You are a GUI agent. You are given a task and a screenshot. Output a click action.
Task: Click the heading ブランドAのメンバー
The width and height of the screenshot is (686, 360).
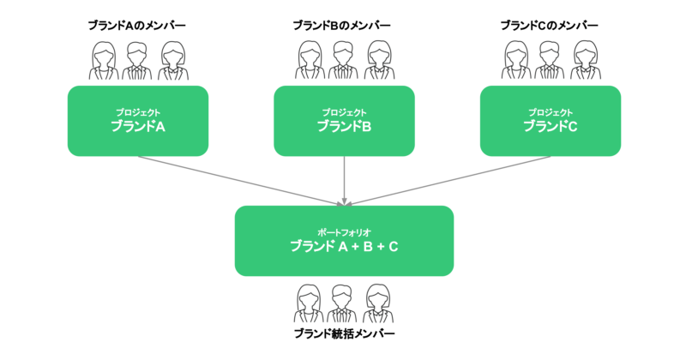137,26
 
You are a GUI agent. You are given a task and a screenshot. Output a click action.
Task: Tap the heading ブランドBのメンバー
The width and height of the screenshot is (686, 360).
343,26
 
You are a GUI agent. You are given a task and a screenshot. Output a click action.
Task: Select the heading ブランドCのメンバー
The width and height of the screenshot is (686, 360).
549,26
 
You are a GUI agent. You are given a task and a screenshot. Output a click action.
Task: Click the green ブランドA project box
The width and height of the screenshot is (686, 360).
137,121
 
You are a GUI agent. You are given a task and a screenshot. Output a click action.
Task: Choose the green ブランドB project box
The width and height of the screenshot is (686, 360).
343,121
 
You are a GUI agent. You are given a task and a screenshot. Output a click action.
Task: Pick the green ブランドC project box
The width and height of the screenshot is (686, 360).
550,121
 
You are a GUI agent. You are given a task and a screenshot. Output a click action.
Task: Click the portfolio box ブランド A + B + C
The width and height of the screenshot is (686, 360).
343,241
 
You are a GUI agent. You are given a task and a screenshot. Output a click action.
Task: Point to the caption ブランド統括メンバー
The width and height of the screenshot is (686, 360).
343,334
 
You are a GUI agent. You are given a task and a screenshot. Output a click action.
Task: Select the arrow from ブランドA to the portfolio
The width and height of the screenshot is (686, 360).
240,180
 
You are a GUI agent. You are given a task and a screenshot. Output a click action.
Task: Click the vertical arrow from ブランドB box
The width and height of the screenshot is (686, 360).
344,180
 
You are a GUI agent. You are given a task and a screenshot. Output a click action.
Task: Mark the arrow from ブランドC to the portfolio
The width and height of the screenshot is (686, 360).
446,180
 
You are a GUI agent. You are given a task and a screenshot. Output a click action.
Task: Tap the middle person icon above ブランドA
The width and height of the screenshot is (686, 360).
137,62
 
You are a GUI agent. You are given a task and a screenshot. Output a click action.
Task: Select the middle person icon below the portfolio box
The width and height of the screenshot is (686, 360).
343,302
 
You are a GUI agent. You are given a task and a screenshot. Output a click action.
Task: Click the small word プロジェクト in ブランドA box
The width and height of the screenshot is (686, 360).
137,112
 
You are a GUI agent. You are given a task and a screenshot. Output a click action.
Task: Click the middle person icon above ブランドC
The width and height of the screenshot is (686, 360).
550,62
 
